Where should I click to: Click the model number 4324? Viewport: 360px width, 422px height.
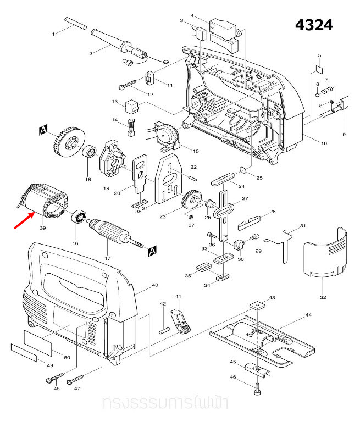point(314,25)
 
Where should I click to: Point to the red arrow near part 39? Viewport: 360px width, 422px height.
point(23,220)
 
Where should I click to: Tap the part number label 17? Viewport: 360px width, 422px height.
point(108,258)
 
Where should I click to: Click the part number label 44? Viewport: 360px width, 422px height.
point(308,315)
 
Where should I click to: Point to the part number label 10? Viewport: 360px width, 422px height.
point(324,143)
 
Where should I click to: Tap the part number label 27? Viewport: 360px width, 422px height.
point(245,198)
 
